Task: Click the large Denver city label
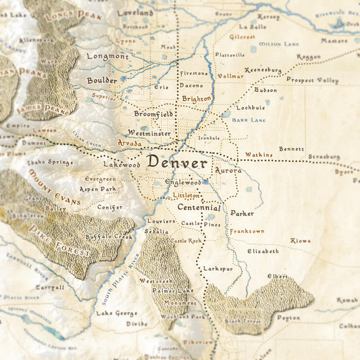tap(177, 163)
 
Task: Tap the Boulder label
tap(101, 80)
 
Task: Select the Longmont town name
tap(107, 56)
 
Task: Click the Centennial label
tap(199, 207)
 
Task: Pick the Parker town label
tap(242, 213)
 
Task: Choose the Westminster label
tap(149, 133)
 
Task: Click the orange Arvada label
tap(130, 143)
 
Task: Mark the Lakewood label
tap(121, 164)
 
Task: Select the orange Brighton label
tap(197, 99)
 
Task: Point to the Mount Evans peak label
tap(53, 187)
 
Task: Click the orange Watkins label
tap(259, 155)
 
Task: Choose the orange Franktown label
tap(247, 231)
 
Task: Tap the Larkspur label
tap(217, 268)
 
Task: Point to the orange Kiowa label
tap(301, 240)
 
